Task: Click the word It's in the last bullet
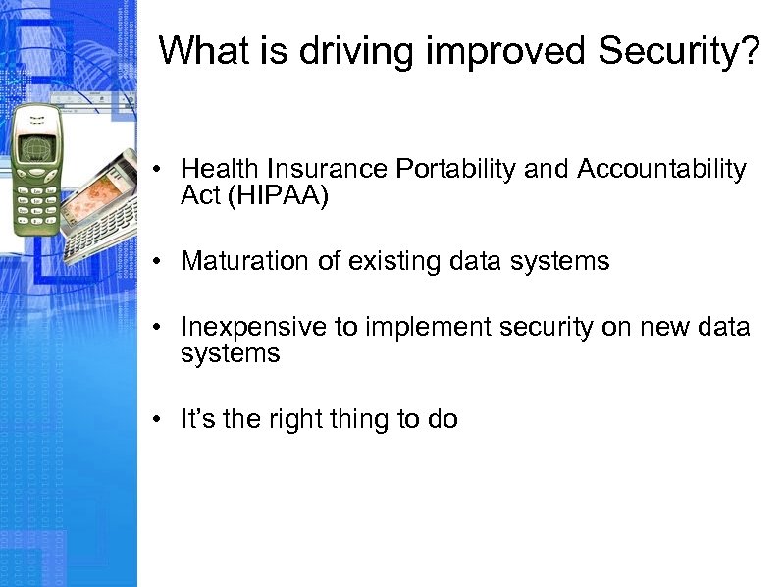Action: pos(198,419)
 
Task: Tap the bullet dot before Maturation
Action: pos(157,262)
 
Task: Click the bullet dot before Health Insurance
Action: pos(157,171)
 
